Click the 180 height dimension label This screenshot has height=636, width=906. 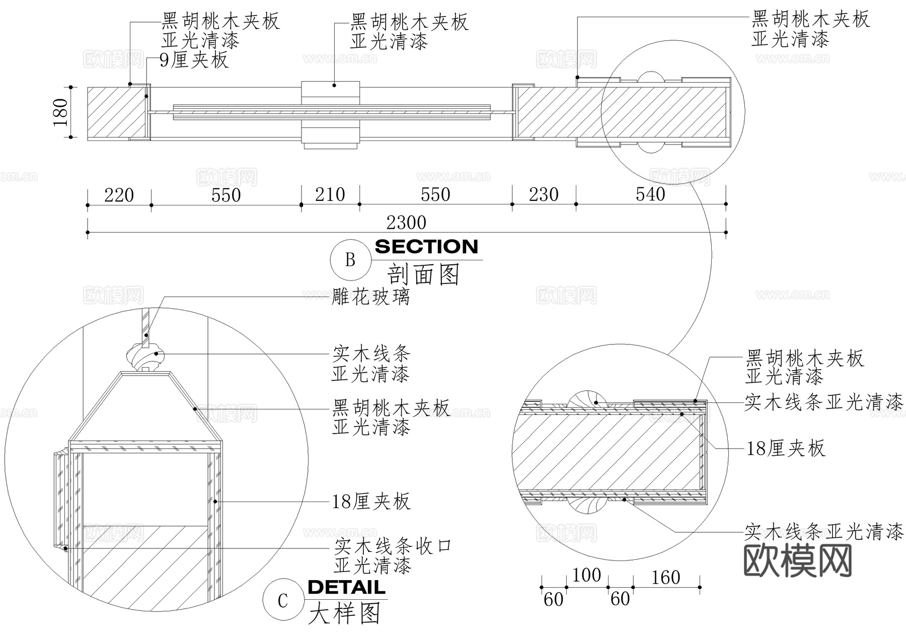tap(60, 112)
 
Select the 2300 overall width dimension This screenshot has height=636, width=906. tap(406, 223)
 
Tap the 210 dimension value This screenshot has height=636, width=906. tap(330, 194)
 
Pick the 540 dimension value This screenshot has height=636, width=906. tap(650, 194)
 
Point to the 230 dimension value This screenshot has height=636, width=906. tap(544, 194)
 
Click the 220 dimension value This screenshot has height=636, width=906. tap(119, 195)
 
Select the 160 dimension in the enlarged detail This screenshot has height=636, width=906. tap(665, 578)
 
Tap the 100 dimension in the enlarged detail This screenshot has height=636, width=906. tap(586, 575)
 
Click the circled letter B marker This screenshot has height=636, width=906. tap(350, 260)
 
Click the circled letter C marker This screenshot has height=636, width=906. tap(283, 600)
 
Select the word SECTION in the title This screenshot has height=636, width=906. tap(426, 247)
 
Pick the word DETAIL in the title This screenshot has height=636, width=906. tap(346, 587)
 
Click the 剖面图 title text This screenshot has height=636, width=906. tap(424, 275)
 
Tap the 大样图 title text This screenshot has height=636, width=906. tap(345, 614)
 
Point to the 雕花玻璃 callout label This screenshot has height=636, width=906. tap(371, 297)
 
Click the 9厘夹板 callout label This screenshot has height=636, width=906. tap(194, 60)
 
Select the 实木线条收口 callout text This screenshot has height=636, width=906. tap(393, 546)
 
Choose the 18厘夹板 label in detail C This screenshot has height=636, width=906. tap(371, 502)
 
